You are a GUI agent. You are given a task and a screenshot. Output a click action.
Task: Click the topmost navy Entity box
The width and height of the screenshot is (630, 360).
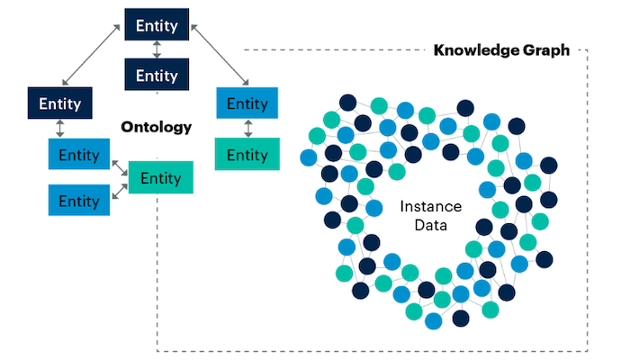(x=157, y=25)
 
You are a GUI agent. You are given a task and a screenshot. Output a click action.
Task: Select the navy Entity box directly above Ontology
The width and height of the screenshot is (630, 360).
(x=157, y=74)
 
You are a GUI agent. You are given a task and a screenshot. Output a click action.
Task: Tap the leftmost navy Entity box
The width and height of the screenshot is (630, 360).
(x=59, y=103)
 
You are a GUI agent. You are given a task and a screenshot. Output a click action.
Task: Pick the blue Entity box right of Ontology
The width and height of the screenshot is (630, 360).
(x=247, y=103)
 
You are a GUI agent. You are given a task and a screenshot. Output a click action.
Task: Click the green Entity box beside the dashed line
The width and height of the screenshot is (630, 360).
(x=247, y=155)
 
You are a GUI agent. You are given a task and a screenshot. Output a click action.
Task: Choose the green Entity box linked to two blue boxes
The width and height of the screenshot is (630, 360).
(x=161, y=176)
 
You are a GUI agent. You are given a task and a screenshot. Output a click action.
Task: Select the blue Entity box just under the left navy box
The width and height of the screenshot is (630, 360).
(x=79, y=155)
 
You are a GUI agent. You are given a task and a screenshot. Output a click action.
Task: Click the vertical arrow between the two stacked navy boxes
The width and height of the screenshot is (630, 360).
(x=157, y=49)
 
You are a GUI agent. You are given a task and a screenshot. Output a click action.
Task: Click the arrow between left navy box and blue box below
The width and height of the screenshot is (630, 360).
(x=59, y=129)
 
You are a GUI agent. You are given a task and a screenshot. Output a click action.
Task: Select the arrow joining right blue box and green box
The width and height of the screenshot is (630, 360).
(x=247, y=129)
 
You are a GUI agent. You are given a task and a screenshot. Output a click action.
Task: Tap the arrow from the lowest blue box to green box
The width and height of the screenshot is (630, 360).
(x=120, y=191)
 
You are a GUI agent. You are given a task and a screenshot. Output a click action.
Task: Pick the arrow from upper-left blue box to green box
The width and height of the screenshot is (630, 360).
(x=120, y=166)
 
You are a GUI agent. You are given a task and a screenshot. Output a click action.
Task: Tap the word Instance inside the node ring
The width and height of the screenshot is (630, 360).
(x=424, y=206)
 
